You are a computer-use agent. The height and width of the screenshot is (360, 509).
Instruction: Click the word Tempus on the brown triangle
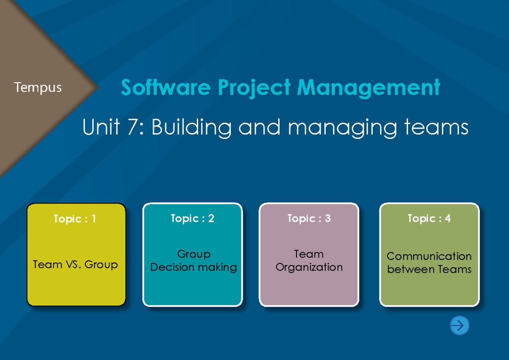click(x=38, y=88)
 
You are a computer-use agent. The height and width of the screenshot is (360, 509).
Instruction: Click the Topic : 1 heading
click(x=75, y=219)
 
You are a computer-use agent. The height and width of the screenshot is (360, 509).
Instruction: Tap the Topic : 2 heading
click(x=193, y=218)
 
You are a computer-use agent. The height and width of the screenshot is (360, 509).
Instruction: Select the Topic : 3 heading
click(x=309, y=218)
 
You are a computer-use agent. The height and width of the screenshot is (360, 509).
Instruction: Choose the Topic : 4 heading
click(x=429, y=218)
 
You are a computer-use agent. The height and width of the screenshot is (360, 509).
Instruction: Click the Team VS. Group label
click(x=76, y=265)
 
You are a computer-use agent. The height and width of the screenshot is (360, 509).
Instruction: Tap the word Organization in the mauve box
click(x=309, y=268)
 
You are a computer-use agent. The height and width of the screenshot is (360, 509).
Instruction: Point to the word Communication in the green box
click(x=429, y=256)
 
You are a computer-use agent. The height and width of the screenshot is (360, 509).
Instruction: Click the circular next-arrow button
click(x=459, y=326)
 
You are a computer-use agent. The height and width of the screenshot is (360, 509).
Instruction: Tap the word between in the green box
click(x=406, y=269)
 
